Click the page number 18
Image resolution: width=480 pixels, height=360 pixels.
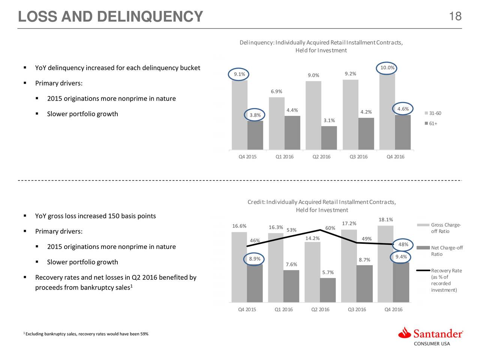point(455,16)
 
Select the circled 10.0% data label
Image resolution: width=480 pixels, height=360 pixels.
point(387,68)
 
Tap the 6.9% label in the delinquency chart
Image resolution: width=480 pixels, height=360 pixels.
point(276,92)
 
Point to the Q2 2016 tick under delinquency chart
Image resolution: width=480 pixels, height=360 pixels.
point(321,157)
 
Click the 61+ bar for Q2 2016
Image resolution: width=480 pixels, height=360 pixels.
point(329,138)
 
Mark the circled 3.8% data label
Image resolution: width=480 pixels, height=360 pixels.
point(255,115)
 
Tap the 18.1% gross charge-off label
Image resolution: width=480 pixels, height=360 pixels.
point(385,220)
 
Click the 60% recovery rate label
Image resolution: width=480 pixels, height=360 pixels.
point(330,228)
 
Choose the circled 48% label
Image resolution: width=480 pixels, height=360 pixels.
point(403,245)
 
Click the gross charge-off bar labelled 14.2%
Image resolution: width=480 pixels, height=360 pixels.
point(312,271)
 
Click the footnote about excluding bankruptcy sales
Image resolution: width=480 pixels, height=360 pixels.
point(86,334)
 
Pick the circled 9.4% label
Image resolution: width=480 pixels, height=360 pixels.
point(401,257)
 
